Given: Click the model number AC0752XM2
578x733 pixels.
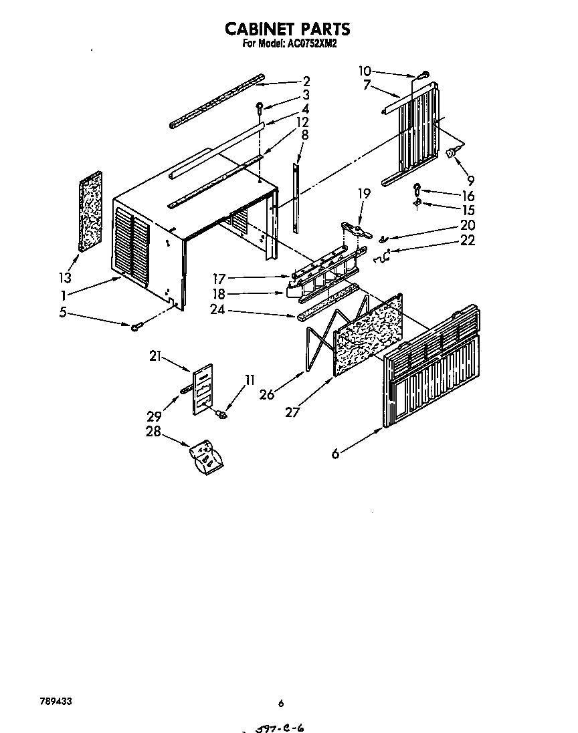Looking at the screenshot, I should click(x=314, y=44).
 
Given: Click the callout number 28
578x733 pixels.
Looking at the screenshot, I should click(x=153, y=432).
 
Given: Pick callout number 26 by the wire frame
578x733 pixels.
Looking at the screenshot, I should click(x=267, y=395).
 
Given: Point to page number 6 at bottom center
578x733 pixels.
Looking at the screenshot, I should click(x=281, y=703).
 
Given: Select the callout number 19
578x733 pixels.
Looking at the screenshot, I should click(x=363, y=194).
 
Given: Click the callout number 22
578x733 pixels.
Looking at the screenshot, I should click(x=468, y=241).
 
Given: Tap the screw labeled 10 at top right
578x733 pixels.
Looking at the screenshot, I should click(x=424, y=75).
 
